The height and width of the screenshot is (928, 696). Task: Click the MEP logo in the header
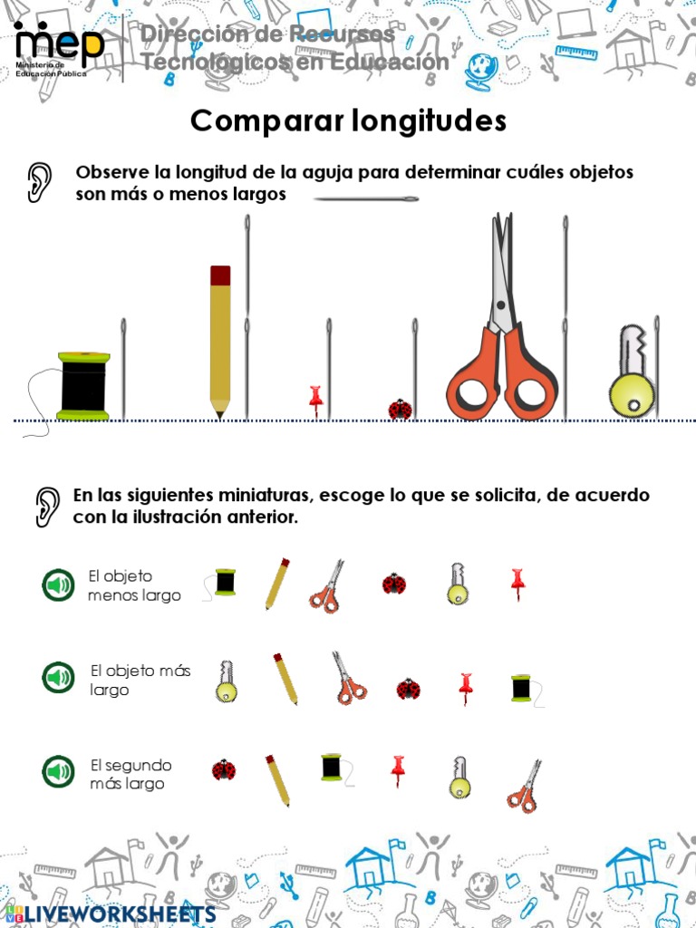pos(58,47)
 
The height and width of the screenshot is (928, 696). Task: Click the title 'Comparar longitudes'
pos(348,121)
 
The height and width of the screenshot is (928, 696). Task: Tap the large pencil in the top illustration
pos(220,340)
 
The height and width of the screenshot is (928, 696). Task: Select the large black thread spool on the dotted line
pos(84,386)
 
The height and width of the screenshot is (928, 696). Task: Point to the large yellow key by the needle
pos(632,373)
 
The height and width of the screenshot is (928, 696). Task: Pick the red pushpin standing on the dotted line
pos(315,400)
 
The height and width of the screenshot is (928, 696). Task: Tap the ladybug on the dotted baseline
pos(400,410)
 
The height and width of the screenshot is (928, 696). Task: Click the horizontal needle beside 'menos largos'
pos(366,198)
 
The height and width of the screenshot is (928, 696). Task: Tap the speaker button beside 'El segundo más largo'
pos(59,772)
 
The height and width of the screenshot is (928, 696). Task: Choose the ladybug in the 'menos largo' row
pos(393,584)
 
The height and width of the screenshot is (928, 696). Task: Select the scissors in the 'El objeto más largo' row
pos(348,678)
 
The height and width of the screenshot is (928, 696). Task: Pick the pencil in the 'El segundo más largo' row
pos(278,780)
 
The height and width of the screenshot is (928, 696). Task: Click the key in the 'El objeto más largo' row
pos(226,681)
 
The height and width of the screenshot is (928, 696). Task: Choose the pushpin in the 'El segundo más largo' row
pos(397,770)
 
